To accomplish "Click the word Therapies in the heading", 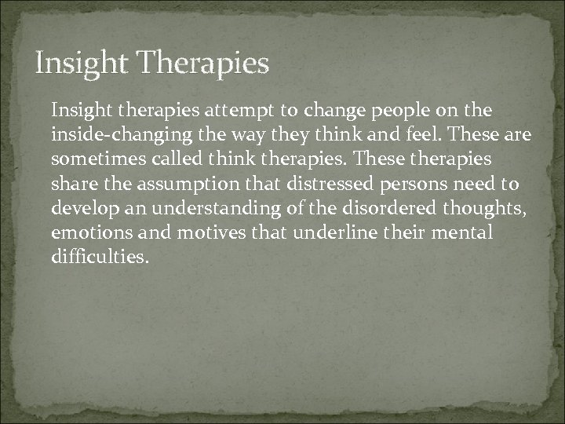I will [202, 63].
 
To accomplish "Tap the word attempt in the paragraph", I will [211, 110].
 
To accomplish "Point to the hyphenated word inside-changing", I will [111, 135].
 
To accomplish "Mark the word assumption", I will [183, 185].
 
